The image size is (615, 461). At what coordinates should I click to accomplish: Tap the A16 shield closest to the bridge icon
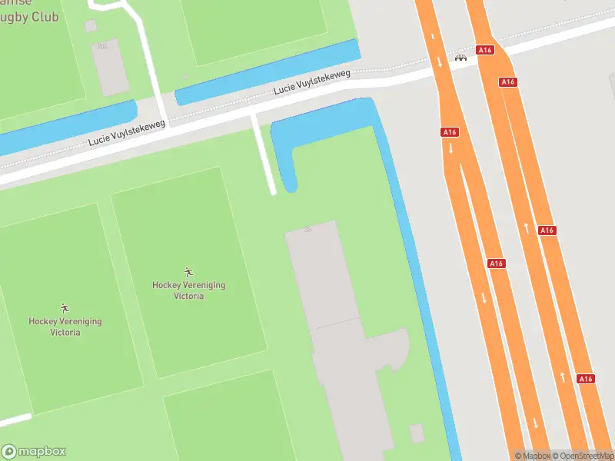tap(484, 50)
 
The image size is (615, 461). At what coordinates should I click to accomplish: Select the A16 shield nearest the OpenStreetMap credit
tap(585, 379)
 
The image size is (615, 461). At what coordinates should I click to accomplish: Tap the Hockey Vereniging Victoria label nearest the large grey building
tap(188, 290)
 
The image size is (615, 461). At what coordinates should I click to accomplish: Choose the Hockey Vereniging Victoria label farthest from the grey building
tap(65, 327)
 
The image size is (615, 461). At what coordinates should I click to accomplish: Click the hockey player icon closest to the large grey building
tap(188, 271)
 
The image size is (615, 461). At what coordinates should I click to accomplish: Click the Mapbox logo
tap(34, 452)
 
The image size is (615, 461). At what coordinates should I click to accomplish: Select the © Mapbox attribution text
tap(533, 456)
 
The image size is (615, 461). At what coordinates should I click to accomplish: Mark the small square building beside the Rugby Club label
tap(91, 26)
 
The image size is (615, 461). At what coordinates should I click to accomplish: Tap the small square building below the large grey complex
tap(417, 433)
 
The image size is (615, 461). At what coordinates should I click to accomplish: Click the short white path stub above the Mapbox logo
tap(15, 420)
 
